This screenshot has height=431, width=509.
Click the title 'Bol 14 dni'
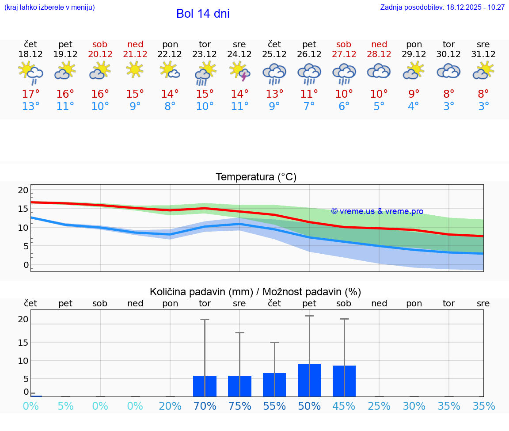coord(203,14)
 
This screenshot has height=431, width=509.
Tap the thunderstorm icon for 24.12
coord(240,71)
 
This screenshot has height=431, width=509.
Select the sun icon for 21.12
coord(135,70)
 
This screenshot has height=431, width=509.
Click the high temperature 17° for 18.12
coord(30,94)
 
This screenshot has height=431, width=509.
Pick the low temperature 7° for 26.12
coord(309,106)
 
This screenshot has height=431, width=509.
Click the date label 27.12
coord(344,54)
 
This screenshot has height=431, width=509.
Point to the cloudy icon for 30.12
coord(448,71)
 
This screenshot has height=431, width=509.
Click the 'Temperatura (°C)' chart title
coord(256,177)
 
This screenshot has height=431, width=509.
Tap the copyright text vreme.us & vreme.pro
coord(377,211)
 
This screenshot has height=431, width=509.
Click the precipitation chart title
coord(255,292)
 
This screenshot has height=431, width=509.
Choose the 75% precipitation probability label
coord(239,406)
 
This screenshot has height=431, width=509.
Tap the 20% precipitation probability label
coord(170,406)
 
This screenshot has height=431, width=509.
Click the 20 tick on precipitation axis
coord(23,319)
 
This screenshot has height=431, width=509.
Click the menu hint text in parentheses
coord(49,8)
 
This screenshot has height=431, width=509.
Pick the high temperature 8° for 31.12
coord(483,94)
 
